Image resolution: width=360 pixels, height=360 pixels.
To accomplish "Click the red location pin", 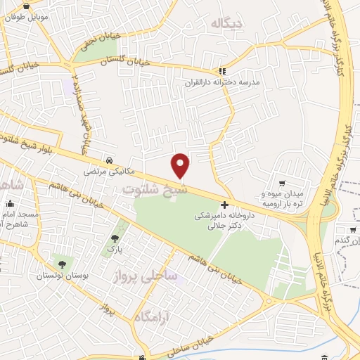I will pyautogui.click(x=181, y=165).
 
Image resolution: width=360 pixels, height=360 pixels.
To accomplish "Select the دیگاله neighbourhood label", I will pyautogui.click(x=224, y=24).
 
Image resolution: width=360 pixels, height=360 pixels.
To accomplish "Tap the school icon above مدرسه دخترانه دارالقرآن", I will pyautogui.click(x=222, y=71).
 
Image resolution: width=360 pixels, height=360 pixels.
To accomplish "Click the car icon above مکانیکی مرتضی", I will pyautogui.click(x=108, y=160).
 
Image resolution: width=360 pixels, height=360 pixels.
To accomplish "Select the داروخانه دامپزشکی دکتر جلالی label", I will pyautogui.click(x=224, y=221).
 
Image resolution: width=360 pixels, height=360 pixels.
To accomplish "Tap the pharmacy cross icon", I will pyautogui.click(x=224, y=205).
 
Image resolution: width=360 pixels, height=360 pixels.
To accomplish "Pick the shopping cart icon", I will pyautogui.click(x=282, y=183).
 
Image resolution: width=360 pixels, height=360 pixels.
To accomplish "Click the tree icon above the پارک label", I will pyautogui.click(x=115, y=239).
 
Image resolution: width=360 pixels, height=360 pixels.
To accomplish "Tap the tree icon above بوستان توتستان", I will pyautogui.click(x=63, y=264).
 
